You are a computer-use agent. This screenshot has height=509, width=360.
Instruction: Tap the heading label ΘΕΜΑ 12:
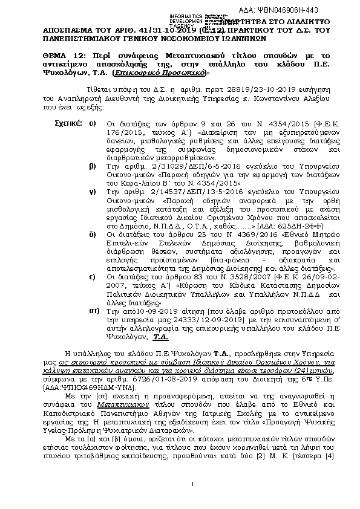(x=61, y=53)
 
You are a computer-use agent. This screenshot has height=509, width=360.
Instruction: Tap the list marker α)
(x=93, y=123)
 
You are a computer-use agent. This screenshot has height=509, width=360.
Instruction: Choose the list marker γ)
(x=93, y=190)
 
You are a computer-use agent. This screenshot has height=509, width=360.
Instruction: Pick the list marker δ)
(x=93, y=232)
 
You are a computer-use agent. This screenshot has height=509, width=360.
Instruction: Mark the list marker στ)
(x=93, y=308)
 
